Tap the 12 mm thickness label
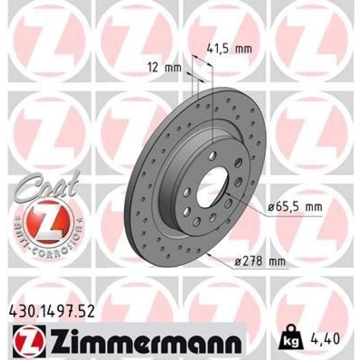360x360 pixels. pyautogui.click(x=160, y=68)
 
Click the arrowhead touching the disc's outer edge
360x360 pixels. pyautogui.click(x=208, y=254)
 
